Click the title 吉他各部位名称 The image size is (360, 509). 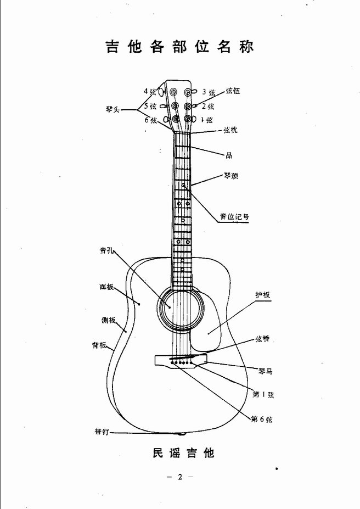(179, 47)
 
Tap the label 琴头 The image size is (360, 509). (113, 109)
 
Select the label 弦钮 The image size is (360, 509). (233, 91)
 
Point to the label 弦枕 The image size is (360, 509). (230, 130)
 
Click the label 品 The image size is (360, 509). (229, 155)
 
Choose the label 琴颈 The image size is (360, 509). (231, 176)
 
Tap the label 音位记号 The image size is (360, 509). (234, 216)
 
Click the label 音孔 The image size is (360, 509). (106, 250)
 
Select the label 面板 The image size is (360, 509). (106, 287)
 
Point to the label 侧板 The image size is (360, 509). (108, 320)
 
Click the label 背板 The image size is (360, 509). (99, 345)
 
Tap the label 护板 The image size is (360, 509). (263, 295)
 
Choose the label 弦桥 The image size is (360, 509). (262, 339)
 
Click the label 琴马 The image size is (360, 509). (265, 371)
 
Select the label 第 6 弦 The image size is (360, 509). (261, 419)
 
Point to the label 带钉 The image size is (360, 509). (102, 432)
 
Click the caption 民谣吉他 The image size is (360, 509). (184, 452)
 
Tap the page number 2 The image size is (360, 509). (180, 477)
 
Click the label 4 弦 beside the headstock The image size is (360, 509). (150, 91)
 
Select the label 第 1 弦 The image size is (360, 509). (263, 394)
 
